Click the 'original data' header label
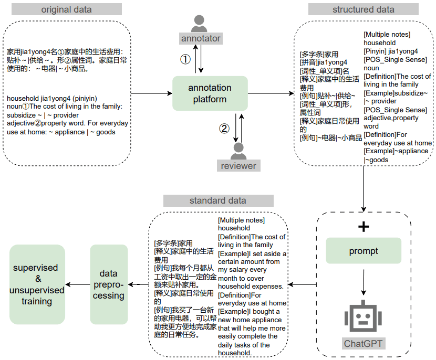[66, 9]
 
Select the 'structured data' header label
[363, 9]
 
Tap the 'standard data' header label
[218, 200]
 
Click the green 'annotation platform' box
[210, 93]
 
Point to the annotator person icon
[200, 23]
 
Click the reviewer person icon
[238, 151]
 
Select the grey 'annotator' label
[200, 38]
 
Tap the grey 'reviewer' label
[238, 166]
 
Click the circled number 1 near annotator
[185, 59]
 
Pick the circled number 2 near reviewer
[224, 129]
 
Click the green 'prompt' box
[364, 251]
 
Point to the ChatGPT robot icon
[364, 317]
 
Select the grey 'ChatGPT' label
[364, 344]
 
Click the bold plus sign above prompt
[364, 227]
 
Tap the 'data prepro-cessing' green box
[109, 284]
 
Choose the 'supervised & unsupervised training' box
[37, 284]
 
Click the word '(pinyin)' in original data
[84, 98]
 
